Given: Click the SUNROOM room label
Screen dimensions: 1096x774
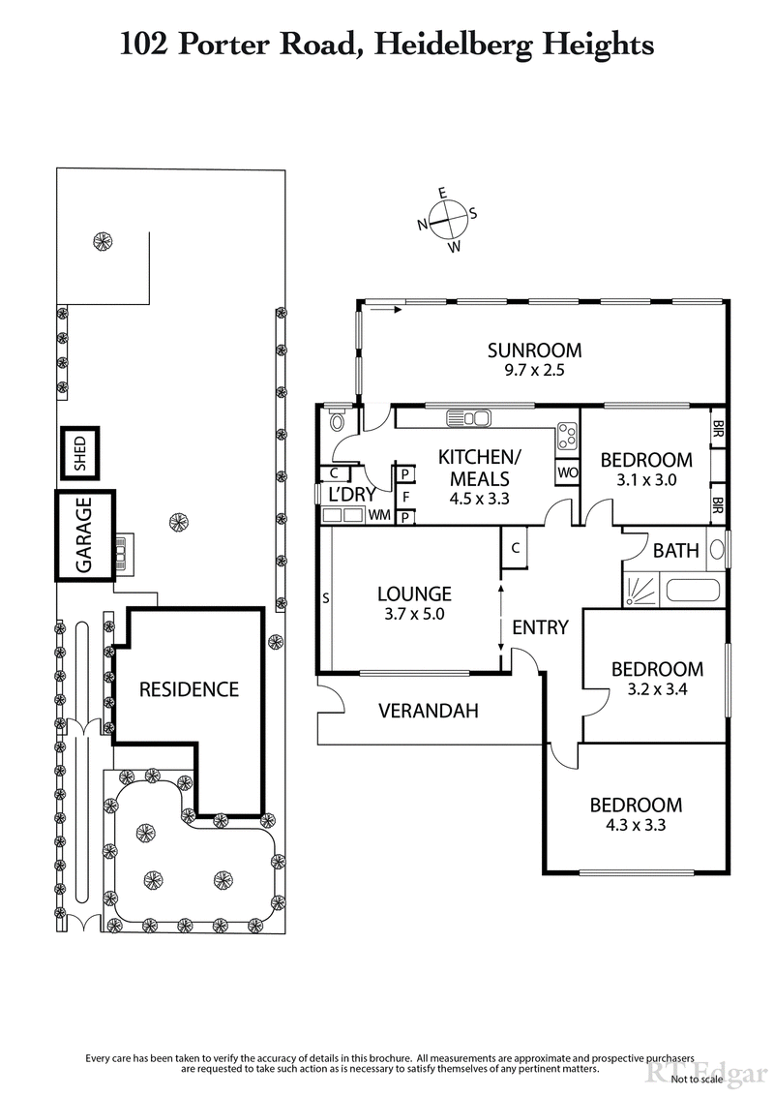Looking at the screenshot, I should tap(534, 350).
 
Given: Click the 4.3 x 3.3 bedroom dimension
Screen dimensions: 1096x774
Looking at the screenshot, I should tap(636, 826).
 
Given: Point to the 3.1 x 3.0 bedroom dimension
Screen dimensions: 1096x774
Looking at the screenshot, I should tap(645, 479).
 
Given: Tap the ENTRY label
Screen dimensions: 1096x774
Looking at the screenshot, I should tap(540, 627).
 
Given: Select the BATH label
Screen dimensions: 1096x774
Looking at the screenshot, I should tap(676, 551).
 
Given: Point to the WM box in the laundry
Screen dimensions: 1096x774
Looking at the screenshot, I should tap(378, 515).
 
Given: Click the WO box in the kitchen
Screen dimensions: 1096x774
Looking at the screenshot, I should tap(567, 472).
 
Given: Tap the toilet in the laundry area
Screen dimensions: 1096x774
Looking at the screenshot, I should tap(337, 420).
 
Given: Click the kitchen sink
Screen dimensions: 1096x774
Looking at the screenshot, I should tap(469, 418).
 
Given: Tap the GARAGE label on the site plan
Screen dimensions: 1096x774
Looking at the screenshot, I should tap(84, 535).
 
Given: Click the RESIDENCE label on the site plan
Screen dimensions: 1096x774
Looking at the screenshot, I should tap(189, 689).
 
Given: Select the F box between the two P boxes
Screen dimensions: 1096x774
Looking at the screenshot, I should tap(405, 495).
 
